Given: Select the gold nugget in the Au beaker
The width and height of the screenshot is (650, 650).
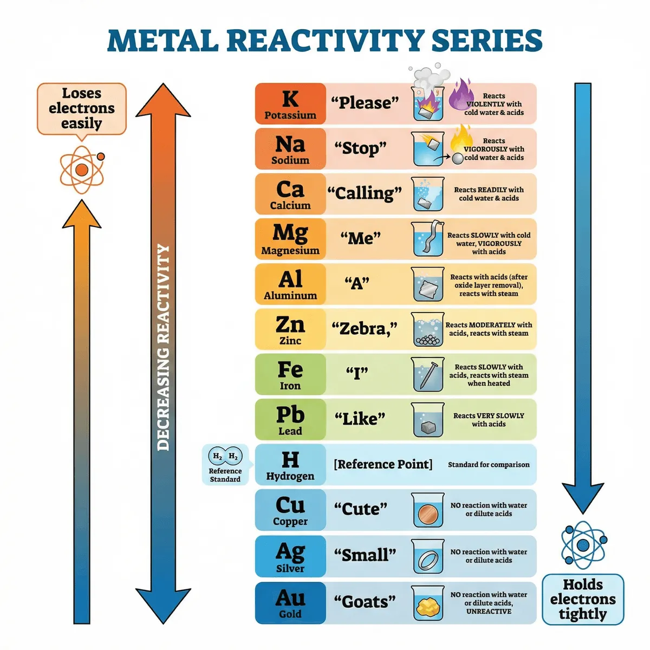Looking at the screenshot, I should pyautogui.click(x=428, y=607).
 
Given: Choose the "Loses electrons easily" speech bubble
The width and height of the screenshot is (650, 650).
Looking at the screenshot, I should pyautogui.click(x=82, y=108).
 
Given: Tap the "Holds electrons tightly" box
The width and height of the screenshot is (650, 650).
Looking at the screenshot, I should pyautogui.click(x=583, y=599).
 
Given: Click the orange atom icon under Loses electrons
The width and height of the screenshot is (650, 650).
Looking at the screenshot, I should pyautogui.click(x=82, y=170).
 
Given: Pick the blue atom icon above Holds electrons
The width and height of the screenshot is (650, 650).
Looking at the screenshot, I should pyautogui.click(x=583, y=544).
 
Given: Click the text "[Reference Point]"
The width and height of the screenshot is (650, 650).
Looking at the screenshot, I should pyautogui.click(x=383, y=464).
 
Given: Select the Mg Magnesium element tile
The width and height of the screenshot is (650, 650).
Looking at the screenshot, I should pyautogui.click(x=290, y=239).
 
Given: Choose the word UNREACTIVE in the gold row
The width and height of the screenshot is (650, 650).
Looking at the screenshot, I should pyautogui.click(x=489, y=611).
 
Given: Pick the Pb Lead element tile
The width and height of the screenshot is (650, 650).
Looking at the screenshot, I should pyautogui.click(x=290, y=419).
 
